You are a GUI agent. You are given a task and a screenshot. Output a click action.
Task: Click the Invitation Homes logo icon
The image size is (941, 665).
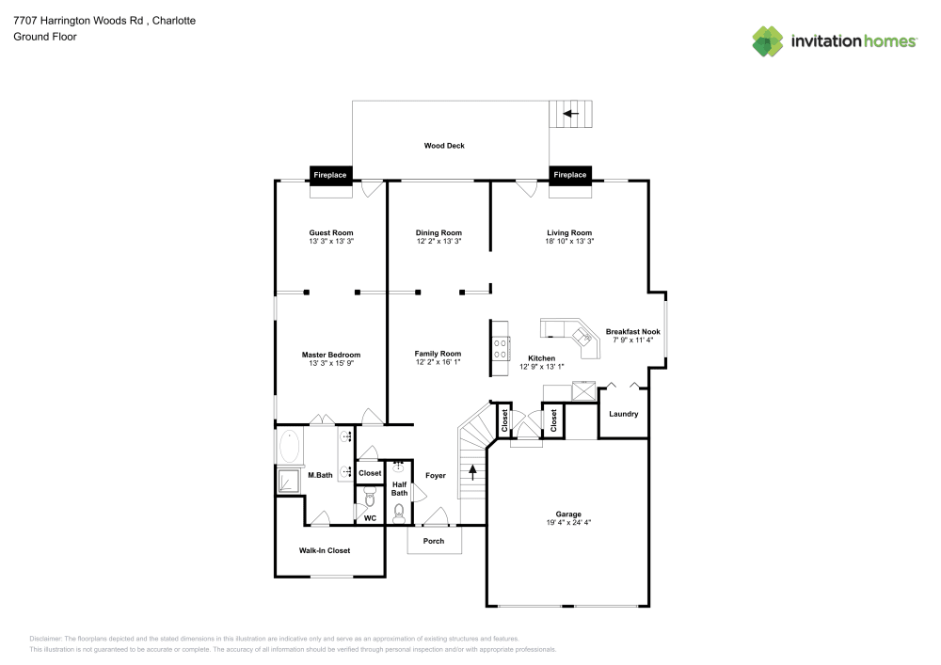pos(768,40)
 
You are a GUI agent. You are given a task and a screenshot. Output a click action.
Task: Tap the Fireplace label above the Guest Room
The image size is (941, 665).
pos(330,175)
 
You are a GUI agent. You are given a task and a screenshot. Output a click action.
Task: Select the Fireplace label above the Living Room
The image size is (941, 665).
pos(570,175)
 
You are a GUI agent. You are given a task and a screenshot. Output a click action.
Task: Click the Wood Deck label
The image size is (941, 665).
pos(444,146)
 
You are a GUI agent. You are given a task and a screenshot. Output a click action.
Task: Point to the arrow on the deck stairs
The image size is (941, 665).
pos(569,114)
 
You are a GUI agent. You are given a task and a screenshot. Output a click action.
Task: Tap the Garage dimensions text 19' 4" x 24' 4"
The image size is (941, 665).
pos(568,523)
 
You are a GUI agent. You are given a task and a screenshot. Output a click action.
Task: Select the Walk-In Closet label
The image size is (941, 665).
pos(325,550)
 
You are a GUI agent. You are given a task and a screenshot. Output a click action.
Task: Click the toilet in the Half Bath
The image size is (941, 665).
pos(399,513)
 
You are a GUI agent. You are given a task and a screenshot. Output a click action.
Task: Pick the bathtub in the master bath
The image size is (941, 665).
pos(289,446)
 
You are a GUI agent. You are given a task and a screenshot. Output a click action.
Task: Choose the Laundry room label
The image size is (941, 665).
pos(623,414)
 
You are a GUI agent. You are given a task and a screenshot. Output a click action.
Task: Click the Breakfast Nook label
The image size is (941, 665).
pos(632,332)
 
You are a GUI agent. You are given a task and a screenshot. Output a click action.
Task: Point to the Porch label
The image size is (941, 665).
pos(434,541)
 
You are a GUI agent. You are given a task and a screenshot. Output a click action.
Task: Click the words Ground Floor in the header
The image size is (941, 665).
pos(45,37)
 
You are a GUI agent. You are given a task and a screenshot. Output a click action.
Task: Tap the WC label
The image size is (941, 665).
pos(370,517)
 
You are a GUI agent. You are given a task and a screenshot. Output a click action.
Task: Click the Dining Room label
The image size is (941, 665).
pos(439,232)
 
